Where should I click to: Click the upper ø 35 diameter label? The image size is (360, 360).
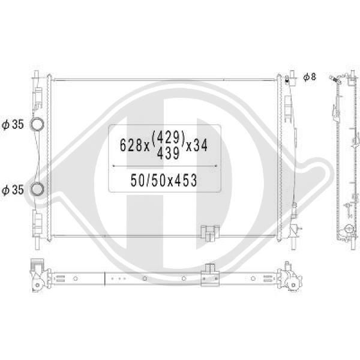13,124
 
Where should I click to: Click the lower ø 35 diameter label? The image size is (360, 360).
13,190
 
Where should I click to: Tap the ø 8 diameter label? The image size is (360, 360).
310,77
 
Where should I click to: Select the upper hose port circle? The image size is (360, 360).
37,124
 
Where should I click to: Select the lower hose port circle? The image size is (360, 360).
37,189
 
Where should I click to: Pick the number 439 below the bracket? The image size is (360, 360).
168,153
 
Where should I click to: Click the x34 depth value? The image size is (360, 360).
197,145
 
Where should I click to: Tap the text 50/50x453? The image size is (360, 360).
164,180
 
